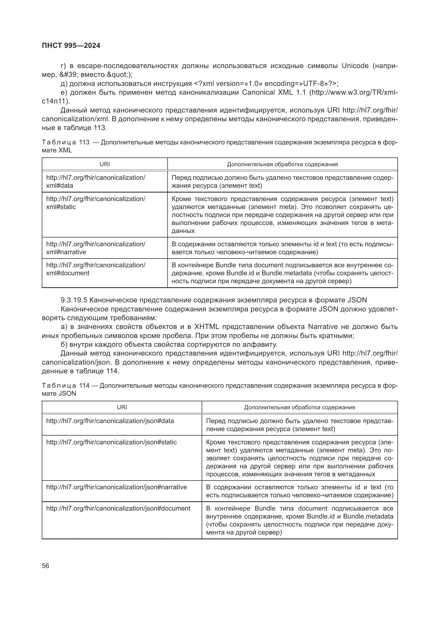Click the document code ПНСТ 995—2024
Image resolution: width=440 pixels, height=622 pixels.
71,46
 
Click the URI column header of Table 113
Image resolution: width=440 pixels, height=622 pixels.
105,164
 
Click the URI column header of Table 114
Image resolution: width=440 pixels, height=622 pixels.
122,407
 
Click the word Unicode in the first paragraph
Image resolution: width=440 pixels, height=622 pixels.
355,66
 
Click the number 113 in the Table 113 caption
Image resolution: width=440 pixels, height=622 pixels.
84,143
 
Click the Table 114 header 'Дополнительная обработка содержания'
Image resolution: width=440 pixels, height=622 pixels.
299,407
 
